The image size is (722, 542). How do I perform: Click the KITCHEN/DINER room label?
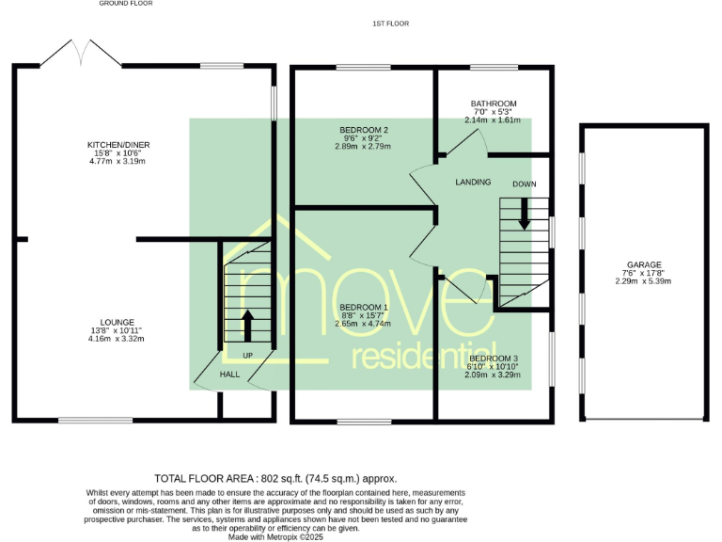[x=118, y=145]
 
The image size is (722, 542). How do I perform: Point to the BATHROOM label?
[x=494, y=104]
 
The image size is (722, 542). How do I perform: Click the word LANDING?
[x=473, y=182]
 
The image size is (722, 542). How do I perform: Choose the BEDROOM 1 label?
[x=363, y=308]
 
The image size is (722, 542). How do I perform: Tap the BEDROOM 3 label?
[x=494, y=359]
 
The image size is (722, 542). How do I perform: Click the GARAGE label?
[x=644, y=265]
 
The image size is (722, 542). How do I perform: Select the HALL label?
[x=230, y=375]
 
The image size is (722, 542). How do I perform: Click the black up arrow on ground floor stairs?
[x=248, y=326]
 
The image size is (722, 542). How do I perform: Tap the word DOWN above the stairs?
[x=525, y=183]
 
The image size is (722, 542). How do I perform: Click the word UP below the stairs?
[x=248, y=355]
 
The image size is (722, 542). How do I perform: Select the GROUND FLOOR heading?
[x=125, y=4]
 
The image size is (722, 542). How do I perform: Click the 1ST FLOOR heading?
[x=390, y=23]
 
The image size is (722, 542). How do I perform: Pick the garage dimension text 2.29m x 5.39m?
[x=644, y=281]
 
